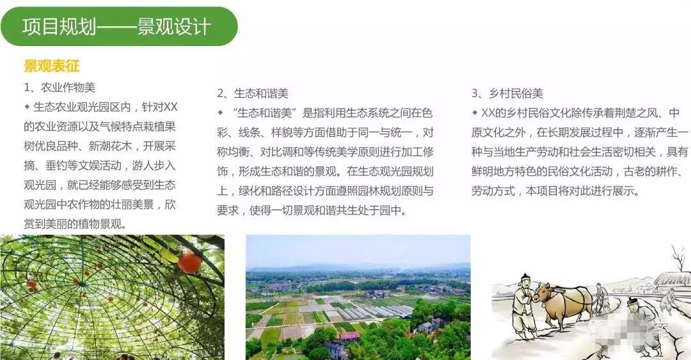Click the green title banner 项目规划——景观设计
tap(118, 27)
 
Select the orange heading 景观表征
tap(51, 67)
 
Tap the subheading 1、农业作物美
tap(60, 88)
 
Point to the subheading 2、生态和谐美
tap(252, 94)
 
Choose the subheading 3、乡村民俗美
tap(507, 94)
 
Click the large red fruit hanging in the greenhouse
tap(189, 262)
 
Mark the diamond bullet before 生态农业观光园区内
tap(27, 106)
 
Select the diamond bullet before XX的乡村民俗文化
tap(475, 113)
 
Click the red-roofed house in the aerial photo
tap(349, 336)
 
